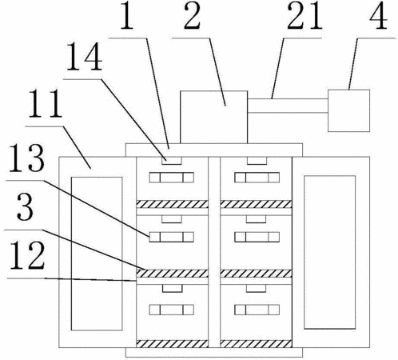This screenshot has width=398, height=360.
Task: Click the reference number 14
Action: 84,58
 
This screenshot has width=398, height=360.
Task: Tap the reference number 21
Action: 305,15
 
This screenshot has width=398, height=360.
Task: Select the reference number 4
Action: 378,15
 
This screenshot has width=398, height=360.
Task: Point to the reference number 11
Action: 46,104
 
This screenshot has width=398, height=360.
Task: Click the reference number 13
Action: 26,158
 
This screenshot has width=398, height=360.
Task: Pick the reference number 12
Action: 27,255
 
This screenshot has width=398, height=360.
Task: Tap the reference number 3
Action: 26,206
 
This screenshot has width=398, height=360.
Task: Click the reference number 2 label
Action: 192,15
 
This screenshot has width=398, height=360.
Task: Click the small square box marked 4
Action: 348,110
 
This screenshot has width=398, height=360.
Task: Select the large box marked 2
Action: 213,117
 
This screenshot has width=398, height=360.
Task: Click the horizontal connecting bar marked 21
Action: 288,106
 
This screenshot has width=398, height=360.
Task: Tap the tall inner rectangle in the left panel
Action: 97,254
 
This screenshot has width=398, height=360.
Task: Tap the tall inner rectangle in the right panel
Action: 330,252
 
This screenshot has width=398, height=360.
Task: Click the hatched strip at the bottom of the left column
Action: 172,344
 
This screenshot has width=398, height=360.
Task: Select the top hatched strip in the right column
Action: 256,204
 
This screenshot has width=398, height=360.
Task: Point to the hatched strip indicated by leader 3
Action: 172,274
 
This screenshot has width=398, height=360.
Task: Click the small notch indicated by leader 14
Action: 172,161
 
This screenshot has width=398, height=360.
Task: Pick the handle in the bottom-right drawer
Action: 257,310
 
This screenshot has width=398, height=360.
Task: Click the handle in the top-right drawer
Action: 257,178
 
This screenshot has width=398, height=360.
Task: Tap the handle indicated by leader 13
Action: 171,237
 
